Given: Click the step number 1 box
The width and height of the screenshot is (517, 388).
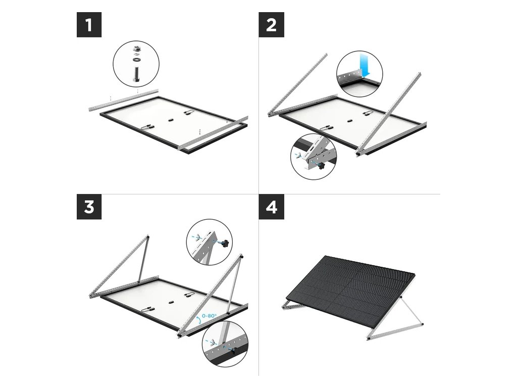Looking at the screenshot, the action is (x=89, y=25).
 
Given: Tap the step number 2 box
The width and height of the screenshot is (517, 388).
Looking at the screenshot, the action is (x=271, y=25).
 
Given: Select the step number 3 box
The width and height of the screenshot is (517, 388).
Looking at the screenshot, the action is (x=89, y=207).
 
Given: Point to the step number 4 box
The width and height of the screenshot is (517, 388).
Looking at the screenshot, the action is (x=271, y=207).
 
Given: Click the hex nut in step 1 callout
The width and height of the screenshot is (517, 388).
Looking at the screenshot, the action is (x=136, y=49).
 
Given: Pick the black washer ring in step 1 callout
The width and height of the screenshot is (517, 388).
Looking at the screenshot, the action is (x=136, y=60).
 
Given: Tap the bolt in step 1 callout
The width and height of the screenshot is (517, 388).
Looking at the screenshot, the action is (x=136, y=75).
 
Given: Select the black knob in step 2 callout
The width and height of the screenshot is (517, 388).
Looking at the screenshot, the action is (x=321, y=164).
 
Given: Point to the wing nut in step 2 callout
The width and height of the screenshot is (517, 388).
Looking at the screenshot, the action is (x=299, y=156).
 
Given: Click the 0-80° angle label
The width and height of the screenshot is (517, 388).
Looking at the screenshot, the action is (x=210, y=316).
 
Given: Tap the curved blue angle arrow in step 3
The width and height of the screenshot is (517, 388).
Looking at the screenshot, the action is (x=198, y=319).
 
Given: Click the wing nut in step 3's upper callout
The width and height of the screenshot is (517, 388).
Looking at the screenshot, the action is (x=197, y=236).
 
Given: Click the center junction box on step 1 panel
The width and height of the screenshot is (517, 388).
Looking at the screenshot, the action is (x=170, y=119).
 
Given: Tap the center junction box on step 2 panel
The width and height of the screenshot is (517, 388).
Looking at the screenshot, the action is (x=349, y=121).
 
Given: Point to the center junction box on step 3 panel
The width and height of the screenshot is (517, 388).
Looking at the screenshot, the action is (x=170, y=302).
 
